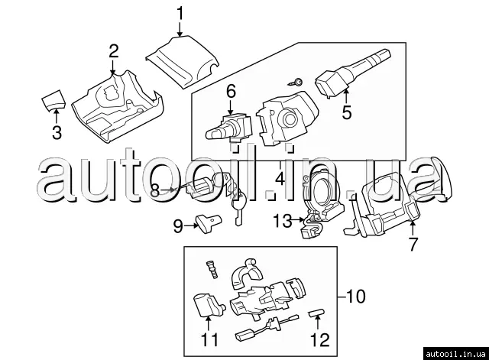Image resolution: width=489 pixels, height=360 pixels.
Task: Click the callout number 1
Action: [180, 14]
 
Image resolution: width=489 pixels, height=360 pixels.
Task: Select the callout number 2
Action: [114, 51]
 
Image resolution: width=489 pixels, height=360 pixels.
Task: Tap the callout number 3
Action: [57, 132]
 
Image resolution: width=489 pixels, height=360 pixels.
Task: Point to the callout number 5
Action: [347, 112]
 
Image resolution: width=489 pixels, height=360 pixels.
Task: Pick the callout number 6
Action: [231, 92]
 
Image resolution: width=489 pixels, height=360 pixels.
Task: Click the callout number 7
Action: [413, 244]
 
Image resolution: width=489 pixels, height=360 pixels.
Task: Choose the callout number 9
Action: [178, 225]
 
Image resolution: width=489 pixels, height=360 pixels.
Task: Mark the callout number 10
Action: [355, 296]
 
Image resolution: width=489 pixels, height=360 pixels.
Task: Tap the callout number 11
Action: [209, 339]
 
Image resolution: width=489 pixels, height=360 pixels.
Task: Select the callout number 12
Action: [320, 339]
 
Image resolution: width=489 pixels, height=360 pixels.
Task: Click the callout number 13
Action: [283, 221]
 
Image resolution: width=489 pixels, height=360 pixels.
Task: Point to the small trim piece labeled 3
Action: [53, 99]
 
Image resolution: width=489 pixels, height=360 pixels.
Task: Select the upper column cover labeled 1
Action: [183, 63]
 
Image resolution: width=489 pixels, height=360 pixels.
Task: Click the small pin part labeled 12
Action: [316, 313]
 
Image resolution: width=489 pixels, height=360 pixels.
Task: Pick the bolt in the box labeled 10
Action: [212, 269]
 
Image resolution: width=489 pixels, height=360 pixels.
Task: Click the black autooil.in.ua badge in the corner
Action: [455, 354]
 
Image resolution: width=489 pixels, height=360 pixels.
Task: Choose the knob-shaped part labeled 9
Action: [208, 223]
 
